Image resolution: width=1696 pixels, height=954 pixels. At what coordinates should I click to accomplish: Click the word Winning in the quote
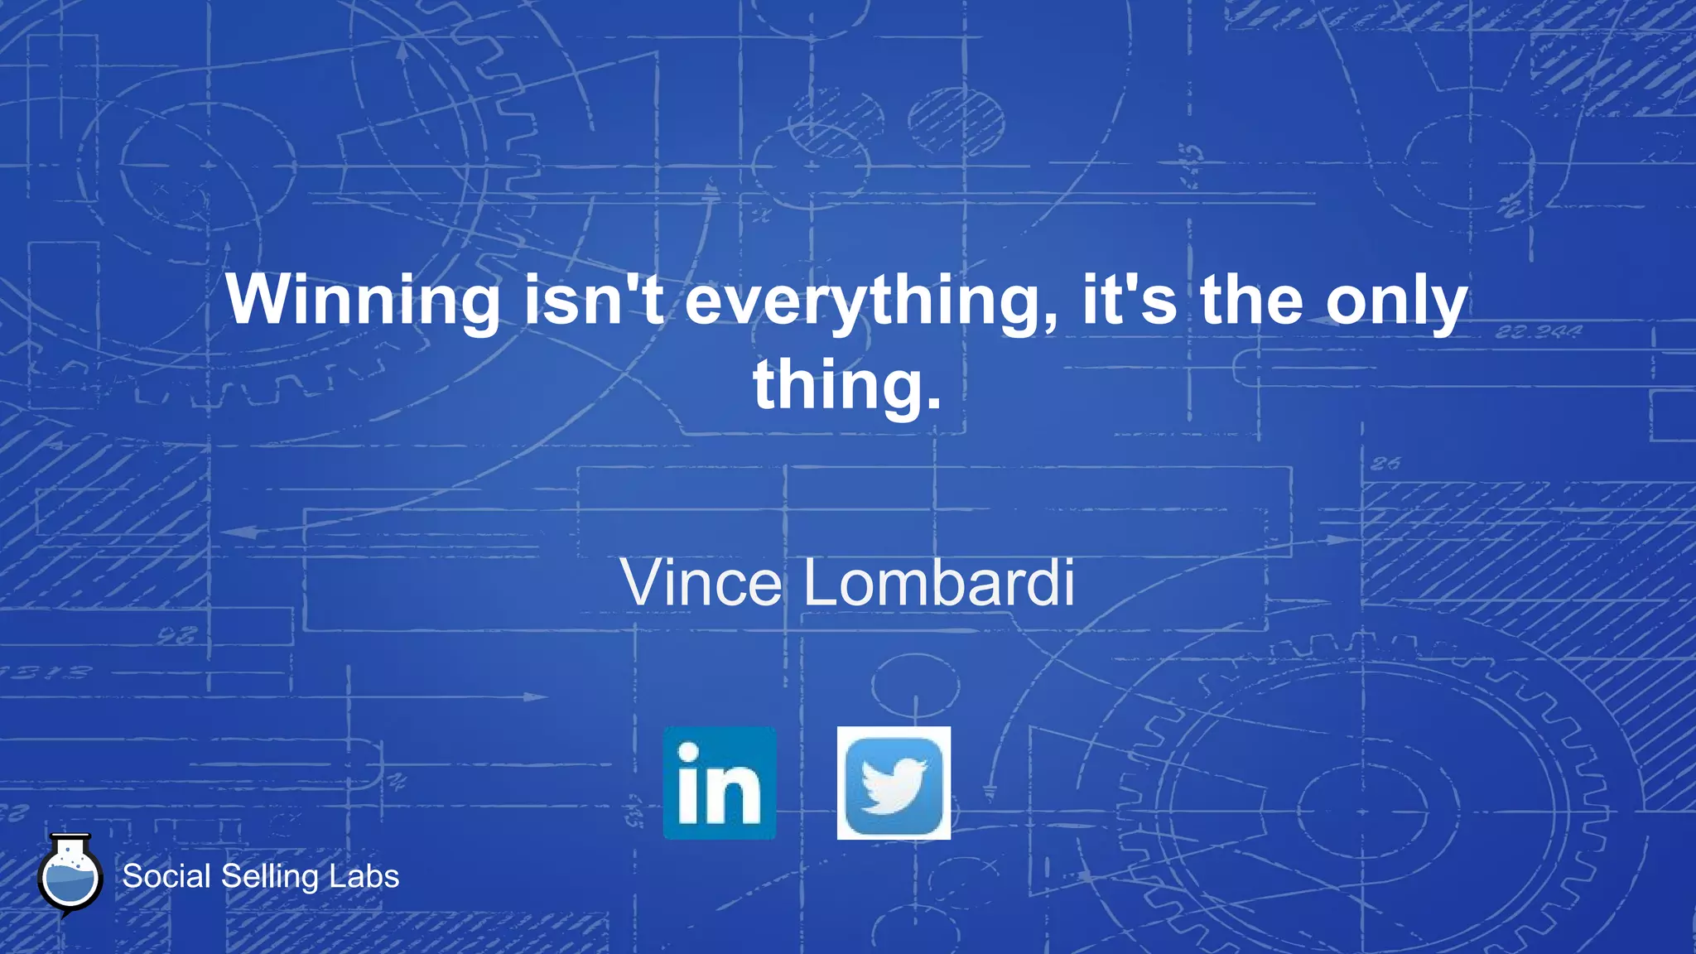pyautogui.click(x=363, y=300)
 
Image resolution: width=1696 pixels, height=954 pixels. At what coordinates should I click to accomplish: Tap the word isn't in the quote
pyautogui.click(x=594, y=300)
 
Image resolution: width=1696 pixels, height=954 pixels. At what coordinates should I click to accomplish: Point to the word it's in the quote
pyautogui.click(x=1129, y=300)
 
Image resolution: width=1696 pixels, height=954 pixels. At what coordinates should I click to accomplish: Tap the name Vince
pyautogui.click(x=701, y=583)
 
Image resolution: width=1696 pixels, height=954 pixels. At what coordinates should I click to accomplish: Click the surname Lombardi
pyautogui.click(x=939, y=583)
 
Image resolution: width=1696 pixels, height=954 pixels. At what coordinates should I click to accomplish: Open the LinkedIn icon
pyautogui.click(x=720, y=783)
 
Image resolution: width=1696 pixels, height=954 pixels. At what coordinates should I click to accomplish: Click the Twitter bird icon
pyautogui.click(x=894, y=783)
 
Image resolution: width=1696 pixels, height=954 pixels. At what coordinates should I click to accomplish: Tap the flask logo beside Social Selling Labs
pyautogui.click(x=70, y=875)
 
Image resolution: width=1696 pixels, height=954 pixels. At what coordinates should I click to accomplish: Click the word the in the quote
pyautogui.click(x=1251, y=300)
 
